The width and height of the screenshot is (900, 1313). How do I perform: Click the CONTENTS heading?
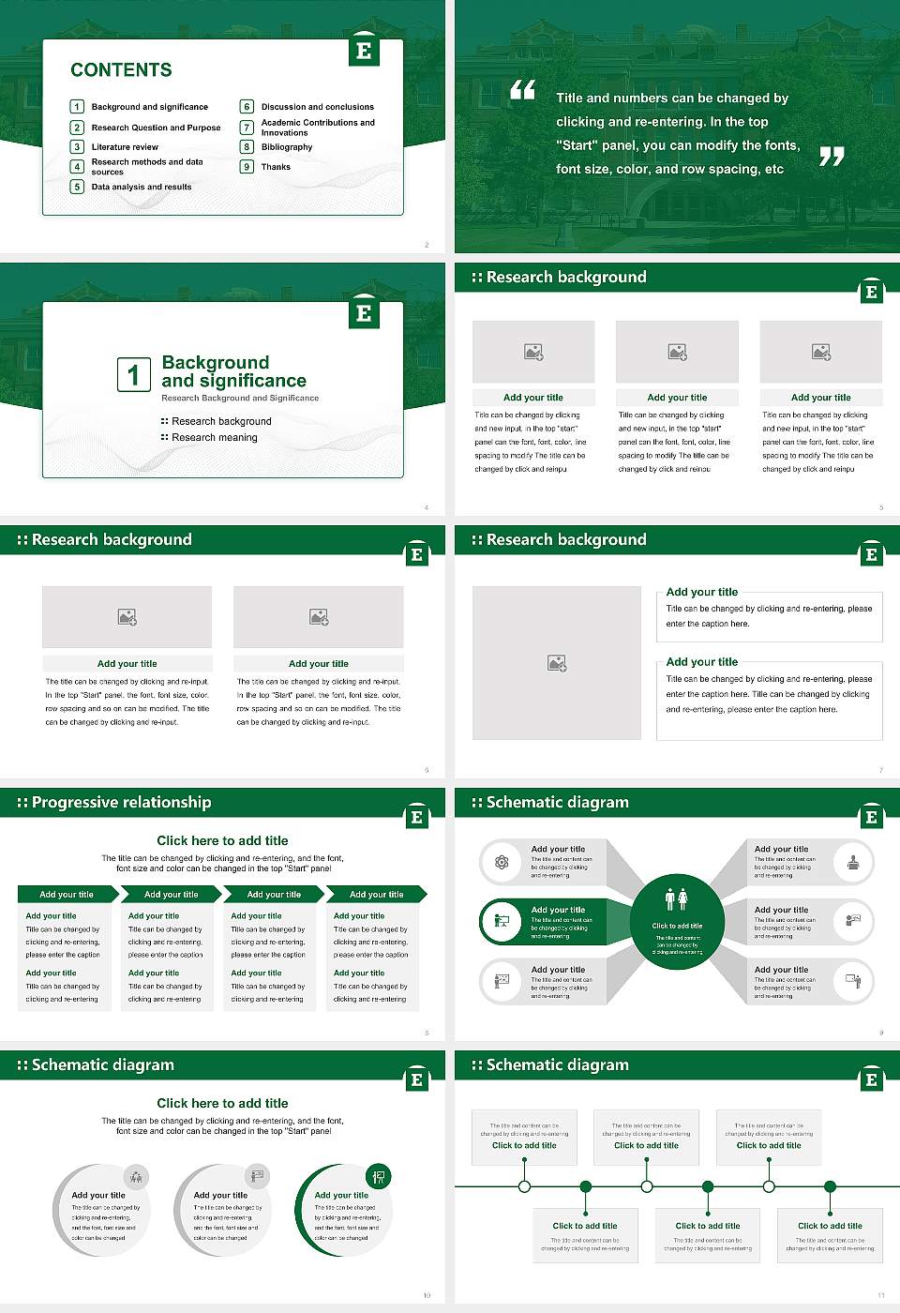121,70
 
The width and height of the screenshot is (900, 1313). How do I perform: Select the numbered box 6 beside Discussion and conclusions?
247,107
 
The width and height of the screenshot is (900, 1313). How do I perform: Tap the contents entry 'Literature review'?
125,147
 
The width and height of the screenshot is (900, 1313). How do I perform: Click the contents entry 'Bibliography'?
287,147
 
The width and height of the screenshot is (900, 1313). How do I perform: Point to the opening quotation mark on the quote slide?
522,90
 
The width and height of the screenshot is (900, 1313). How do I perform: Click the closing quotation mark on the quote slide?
832,157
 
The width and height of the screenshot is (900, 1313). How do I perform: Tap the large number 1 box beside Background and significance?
133,374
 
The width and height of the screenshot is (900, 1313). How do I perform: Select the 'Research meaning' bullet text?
214,438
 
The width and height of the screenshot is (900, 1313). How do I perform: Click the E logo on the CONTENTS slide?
364,51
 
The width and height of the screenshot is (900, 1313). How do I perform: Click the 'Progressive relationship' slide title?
121,803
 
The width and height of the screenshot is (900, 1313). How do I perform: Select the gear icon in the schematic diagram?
502,862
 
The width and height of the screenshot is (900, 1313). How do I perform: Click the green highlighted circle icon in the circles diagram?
379,1176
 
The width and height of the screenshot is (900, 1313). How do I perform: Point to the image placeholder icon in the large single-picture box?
557,663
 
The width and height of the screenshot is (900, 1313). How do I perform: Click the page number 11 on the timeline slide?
880,1295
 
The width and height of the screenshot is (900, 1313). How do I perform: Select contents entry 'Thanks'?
276,167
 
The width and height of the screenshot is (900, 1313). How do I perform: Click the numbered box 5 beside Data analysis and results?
77,187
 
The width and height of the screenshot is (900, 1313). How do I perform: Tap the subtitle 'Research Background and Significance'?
240,399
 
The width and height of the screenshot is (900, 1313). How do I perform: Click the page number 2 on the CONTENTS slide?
427,245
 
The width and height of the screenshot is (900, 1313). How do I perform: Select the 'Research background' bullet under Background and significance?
221,422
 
